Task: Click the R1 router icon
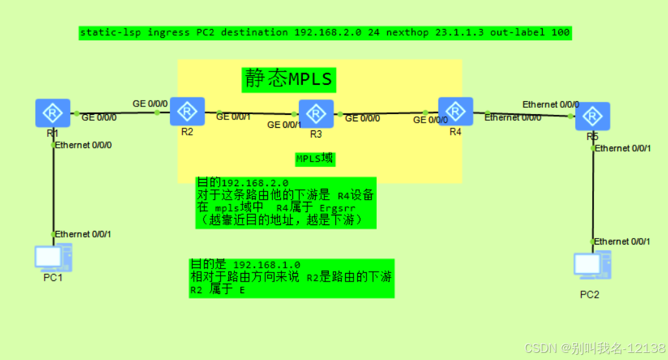click(x=53, y=113)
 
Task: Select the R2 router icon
click(x=187, y=111)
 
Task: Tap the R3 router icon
click(x=316, y=114)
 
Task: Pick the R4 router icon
click(x=455, y=112)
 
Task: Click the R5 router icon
click(x=592, y=117)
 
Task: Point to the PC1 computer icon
click(x=53, y=258)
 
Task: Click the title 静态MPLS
click(x=289, y=79)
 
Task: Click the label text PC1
click(x=53, y=278)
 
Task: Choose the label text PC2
click(x=590, y=294)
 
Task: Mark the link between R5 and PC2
click(x=593, y=195)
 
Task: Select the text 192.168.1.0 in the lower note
click(x=266, y=265)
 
